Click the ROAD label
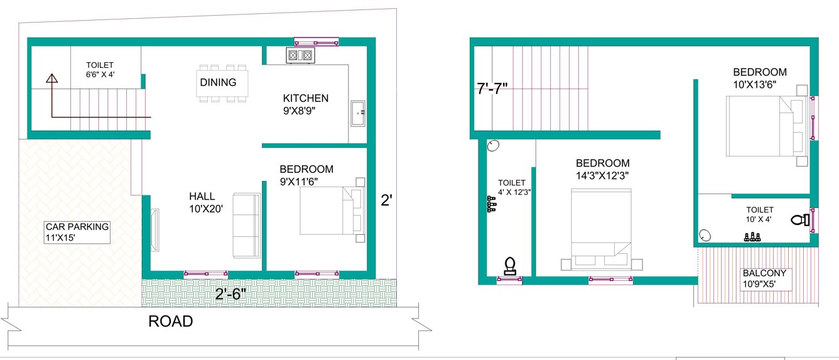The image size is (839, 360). tap(170, 322)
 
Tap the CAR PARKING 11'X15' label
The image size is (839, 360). tap(77, 232)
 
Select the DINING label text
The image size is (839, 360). tap(218, 82)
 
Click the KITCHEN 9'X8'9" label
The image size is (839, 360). tap(305, 104)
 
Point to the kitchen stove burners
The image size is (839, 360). tap(300, 56)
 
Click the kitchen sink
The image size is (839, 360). tap(358, 112)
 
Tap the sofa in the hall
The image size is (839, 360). tap(247, 225)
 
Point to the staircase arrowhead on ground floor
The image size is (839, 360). tap(51, 79)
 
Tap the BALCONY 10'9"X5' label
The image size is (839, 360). tap(767, 279)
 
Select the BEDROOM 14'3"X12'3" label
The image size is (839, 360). tap(602, 168)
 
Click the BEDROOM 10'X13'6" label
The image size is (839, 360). tap(759, 78)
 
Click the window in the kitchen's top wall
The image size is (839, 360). tap(317, 42)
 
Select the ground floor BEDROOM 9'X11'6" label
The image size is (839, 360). tap(306, 175)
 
